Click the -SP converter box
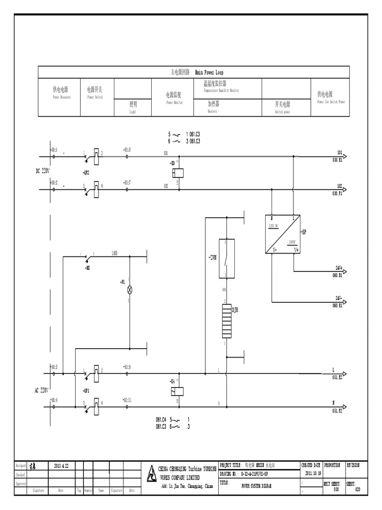click(283, 234)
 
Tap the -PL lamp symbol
click(129, 289)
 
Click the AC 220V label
click(43, 390)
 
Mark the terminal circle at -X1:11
click(127, 406)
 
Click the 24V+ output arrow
click(344, 271)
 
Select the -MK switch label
click(88, 267)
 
